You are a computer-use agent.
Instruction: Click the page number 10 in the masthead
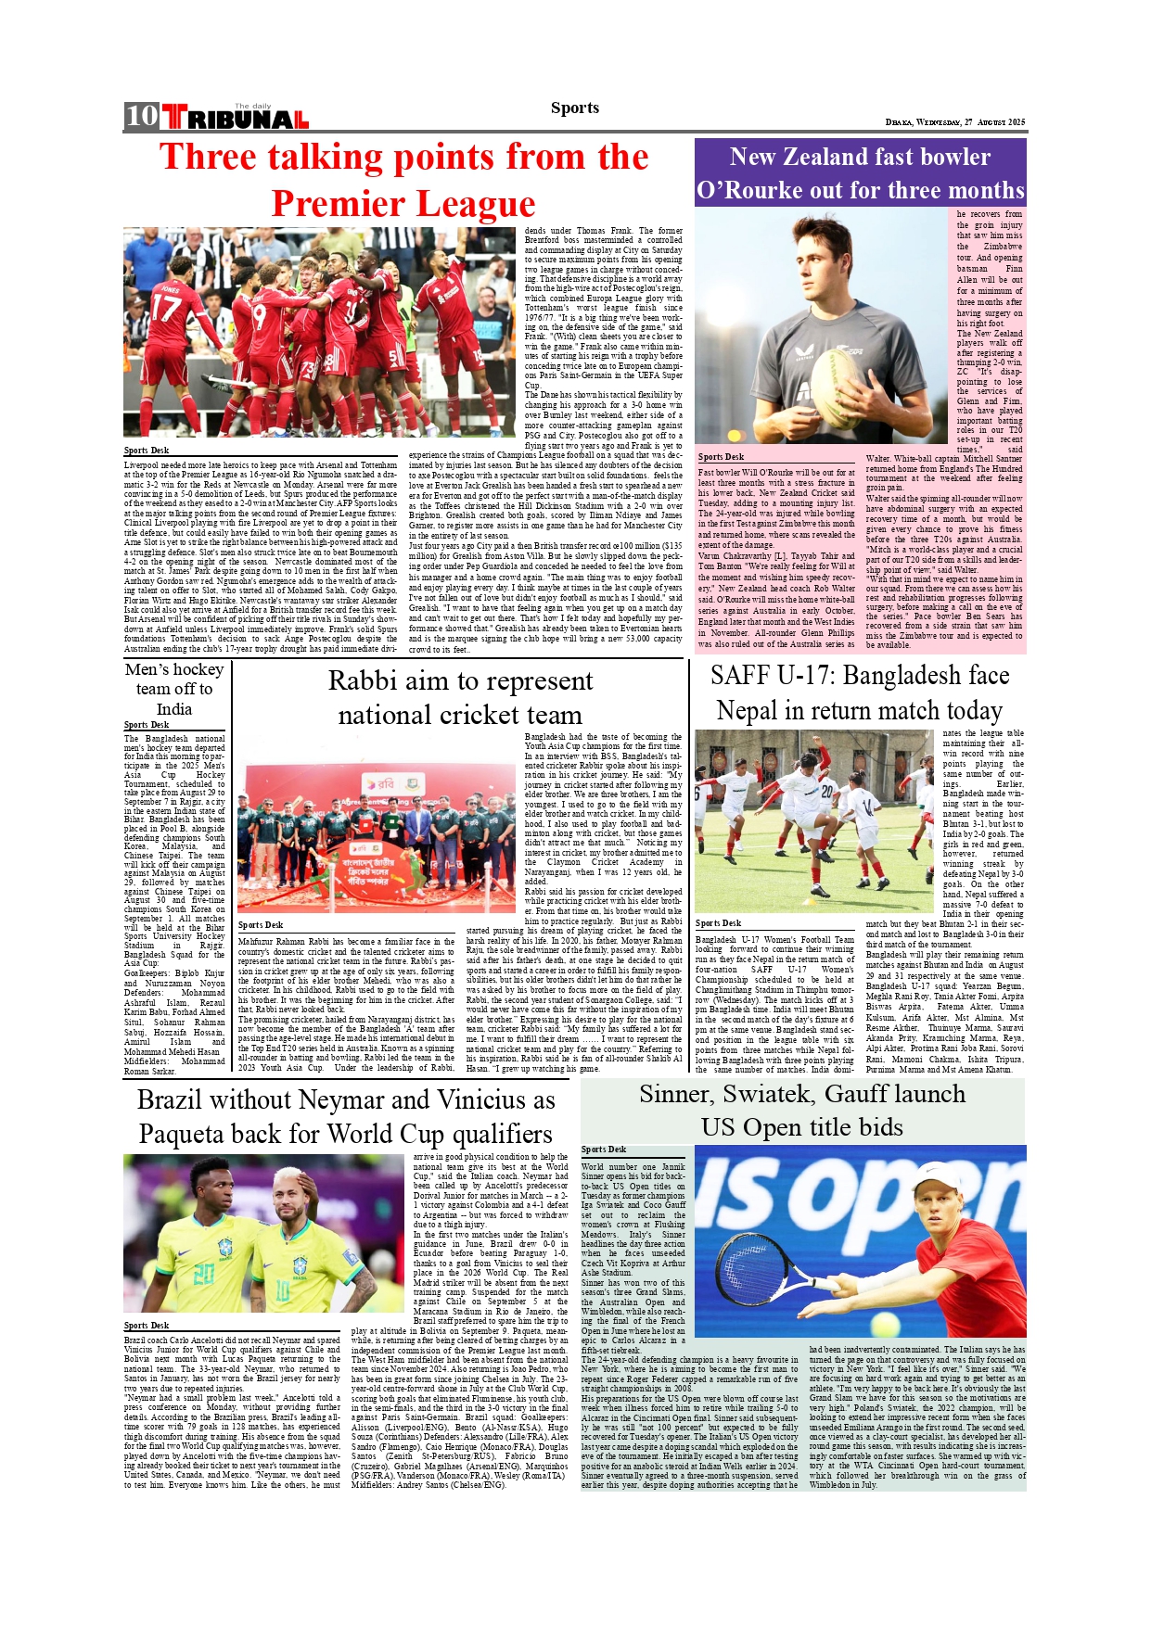(142, 116)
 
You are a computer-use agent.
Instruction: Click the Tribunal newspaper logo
(235, 118)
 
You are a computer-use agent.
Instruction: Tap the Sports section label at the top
(574, 108)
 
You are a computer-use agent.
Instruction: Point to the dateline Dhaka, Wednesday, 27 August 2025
(955, 122)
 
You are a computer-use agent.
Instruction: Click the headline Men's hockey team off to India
(174, 689)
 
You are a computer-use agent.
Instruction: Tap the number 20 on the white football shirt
(826, 792)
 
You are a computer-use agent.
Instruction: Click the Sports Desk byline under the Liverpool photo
(147, 451)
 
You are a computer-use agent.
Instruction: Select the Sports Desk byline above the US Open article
(604, 1150)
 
